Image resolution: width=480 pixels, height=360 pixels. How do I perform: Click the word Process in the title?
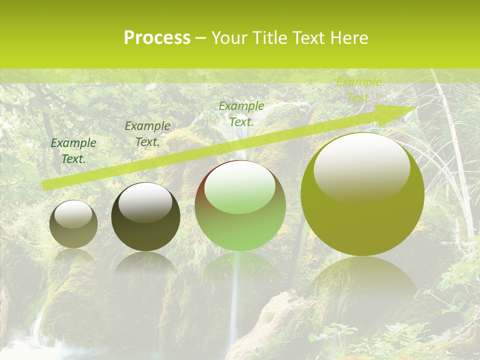157,37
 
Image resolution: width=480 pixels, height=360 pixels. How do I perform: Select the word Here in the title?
349,37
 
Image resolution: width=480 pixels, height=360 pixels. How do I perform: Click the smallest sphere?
73,224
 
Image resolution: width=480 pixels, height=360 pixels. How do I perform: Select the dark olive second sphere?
145,217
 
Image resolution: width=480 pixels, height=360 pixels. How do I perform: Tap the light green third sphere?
240,206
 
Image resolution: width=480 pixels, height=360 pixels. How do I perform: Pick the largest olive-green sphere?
362,194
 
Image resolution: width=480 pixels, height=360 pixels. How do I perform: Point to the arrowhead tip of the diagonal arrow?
416,107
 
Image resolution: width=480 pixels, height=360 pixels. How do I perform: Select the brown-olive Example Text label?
147,133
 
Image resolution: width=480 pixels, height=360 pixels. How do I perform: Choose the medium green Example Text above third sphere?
241,113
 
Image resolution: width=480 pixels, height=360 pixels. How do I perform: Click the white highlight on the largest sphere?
361,167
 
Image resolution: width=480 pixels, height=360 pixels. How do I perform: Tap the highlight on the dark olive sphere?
145,202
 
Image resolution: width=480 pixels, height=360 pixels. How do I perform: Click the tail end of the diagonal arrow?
45,186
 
